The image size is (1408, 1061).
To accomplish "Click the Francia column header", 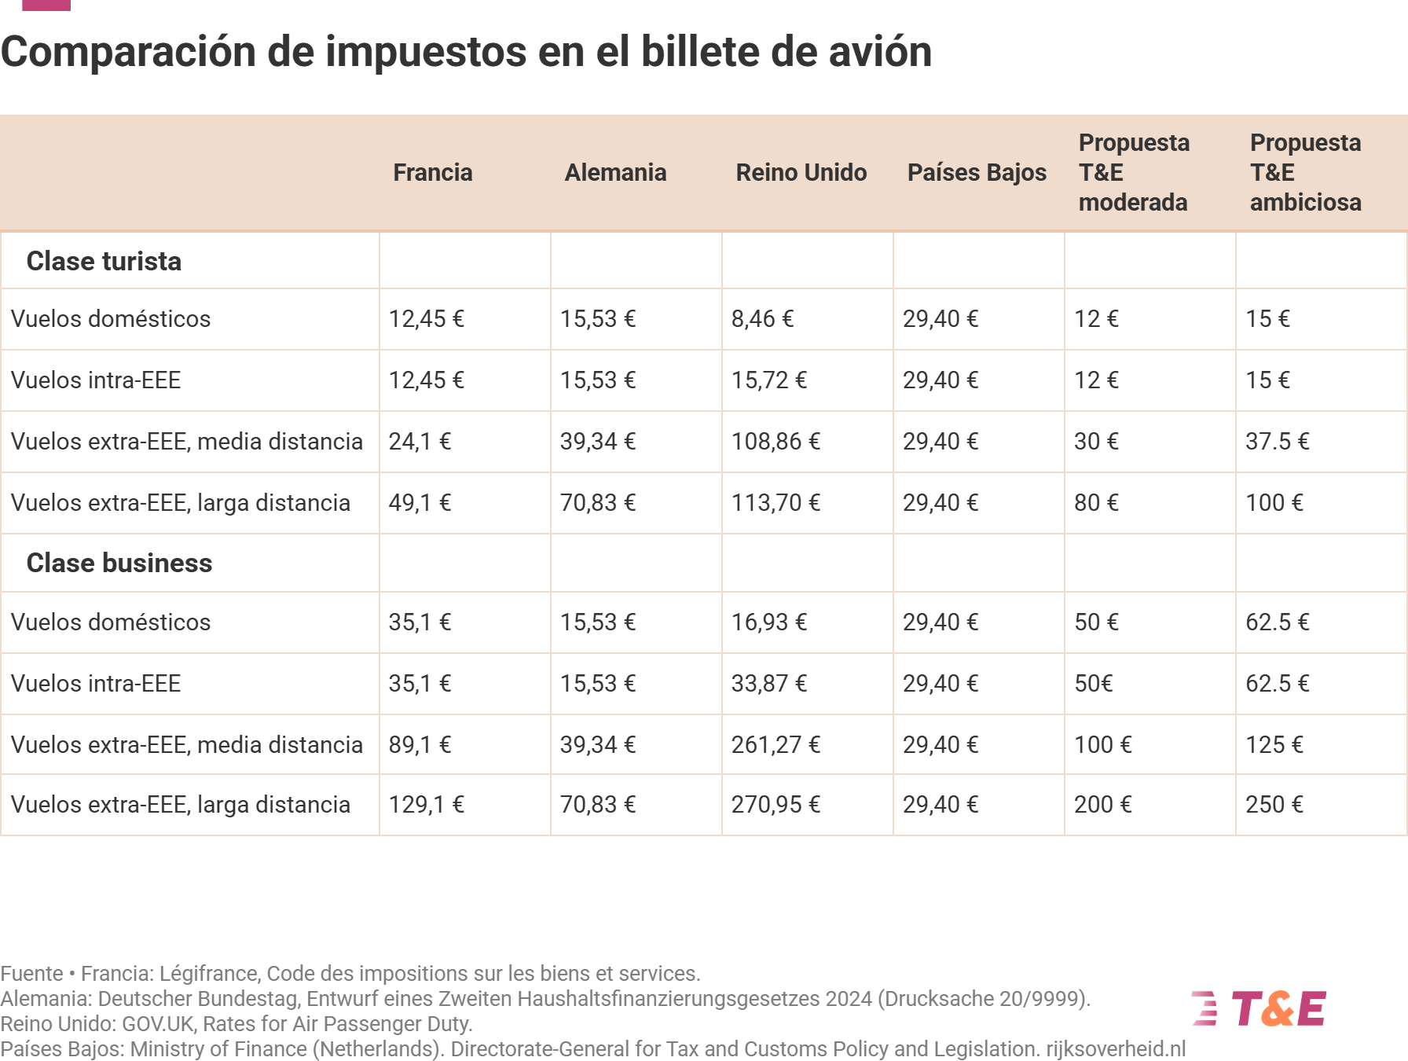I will tap(432, 173).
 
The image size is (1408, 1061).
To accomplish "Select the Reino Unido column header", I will tap(801, 173).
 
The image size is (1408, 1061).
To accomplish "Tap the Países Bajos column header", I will tap(977, 173).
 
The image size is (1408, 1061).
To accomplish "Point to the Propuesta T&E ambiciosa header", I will tap(1305, 173).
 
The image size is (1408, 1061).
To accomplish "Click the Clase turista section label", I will tap(104, 262).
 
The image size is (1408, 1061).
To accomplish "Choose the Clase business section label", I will tap(119, 564).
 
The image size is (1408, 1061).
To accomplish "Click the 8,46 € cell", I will tap(762, 319).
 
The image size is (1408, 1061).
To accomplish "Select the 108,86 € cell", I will tap(775, 442).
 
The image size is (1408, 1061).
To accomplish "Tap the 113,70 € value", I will tap(775, 503).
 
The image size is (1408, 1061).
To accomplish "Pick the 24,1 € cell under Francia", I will tap(420, 442).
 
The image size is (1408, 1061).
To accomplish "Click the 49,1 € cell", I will tap(420, 503).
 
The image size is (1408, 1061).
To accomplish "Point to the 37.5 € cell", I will tap(1277, 442).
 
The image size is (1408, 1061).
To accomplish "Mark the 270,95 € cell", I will tap(775, 805).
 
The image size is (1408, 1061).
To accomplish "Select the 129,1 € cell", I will tap(426, 805).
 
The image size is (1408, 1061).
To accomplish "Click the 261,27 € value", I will tap(775, 745).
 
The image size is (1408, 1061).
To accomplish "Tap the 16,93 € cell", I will tap(768, 622).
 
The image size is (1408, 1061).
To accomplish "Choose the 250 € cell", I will tap(1274, 805).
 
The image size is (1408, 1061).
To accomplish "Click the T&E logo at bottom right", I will tap(1259, 1009).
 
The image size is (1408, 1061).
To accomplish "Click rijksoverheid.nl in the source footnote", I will tap(1116, 1049).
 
